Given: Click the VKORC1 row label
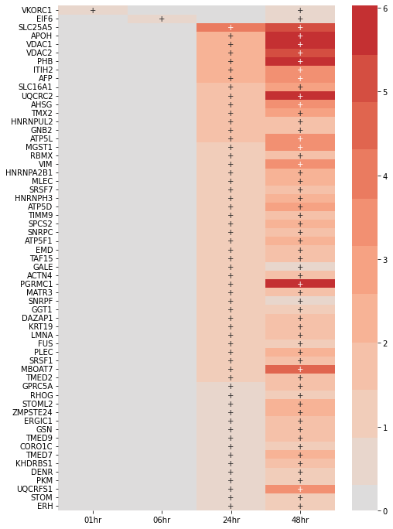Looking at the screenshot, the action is [37, 10].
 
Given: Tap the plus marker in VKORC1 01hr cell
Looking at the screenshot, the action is [93, 10].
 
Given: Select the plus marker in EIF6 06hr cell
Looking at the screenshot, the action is [162, 19].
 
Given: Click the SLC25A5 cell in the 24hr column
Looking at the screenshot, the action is [231, 27].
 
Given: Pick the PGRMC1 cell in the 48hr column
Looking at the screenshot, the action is [300, 284].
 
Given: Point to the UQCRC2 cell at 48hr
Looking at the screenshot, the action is [300, 96].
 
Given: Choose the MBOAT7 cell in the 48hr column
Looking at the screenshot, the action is [300, 370].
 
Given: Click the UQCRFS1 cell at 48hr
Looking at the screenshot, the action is [300, 489].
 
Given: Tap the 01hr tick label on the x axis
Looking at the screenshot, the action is [93, 520].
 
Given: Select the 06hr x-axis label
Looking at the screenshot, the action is [162, 520].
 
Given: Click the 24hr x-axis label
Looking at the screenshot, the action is [231, 520].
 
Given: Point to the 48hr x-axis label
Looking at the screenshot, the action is [300, 520].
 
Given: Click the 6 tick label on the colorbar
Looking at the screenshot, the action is [385, 9].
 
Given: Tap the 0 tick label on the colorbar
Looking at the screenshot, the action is [385, 510].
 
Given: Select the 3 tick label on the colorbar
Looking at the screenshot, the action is [385, 260].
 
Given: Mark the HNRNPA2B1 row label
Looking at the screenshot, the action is [29, 172].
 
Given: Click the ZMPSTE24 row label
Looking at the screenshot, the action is [32, 412].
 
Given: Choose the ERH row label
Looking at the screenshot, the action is [45, 506].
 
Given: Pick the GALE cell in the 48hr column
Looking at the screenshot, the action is [300, 267].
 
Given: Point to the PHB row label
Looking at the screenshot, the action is [45, 61].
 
